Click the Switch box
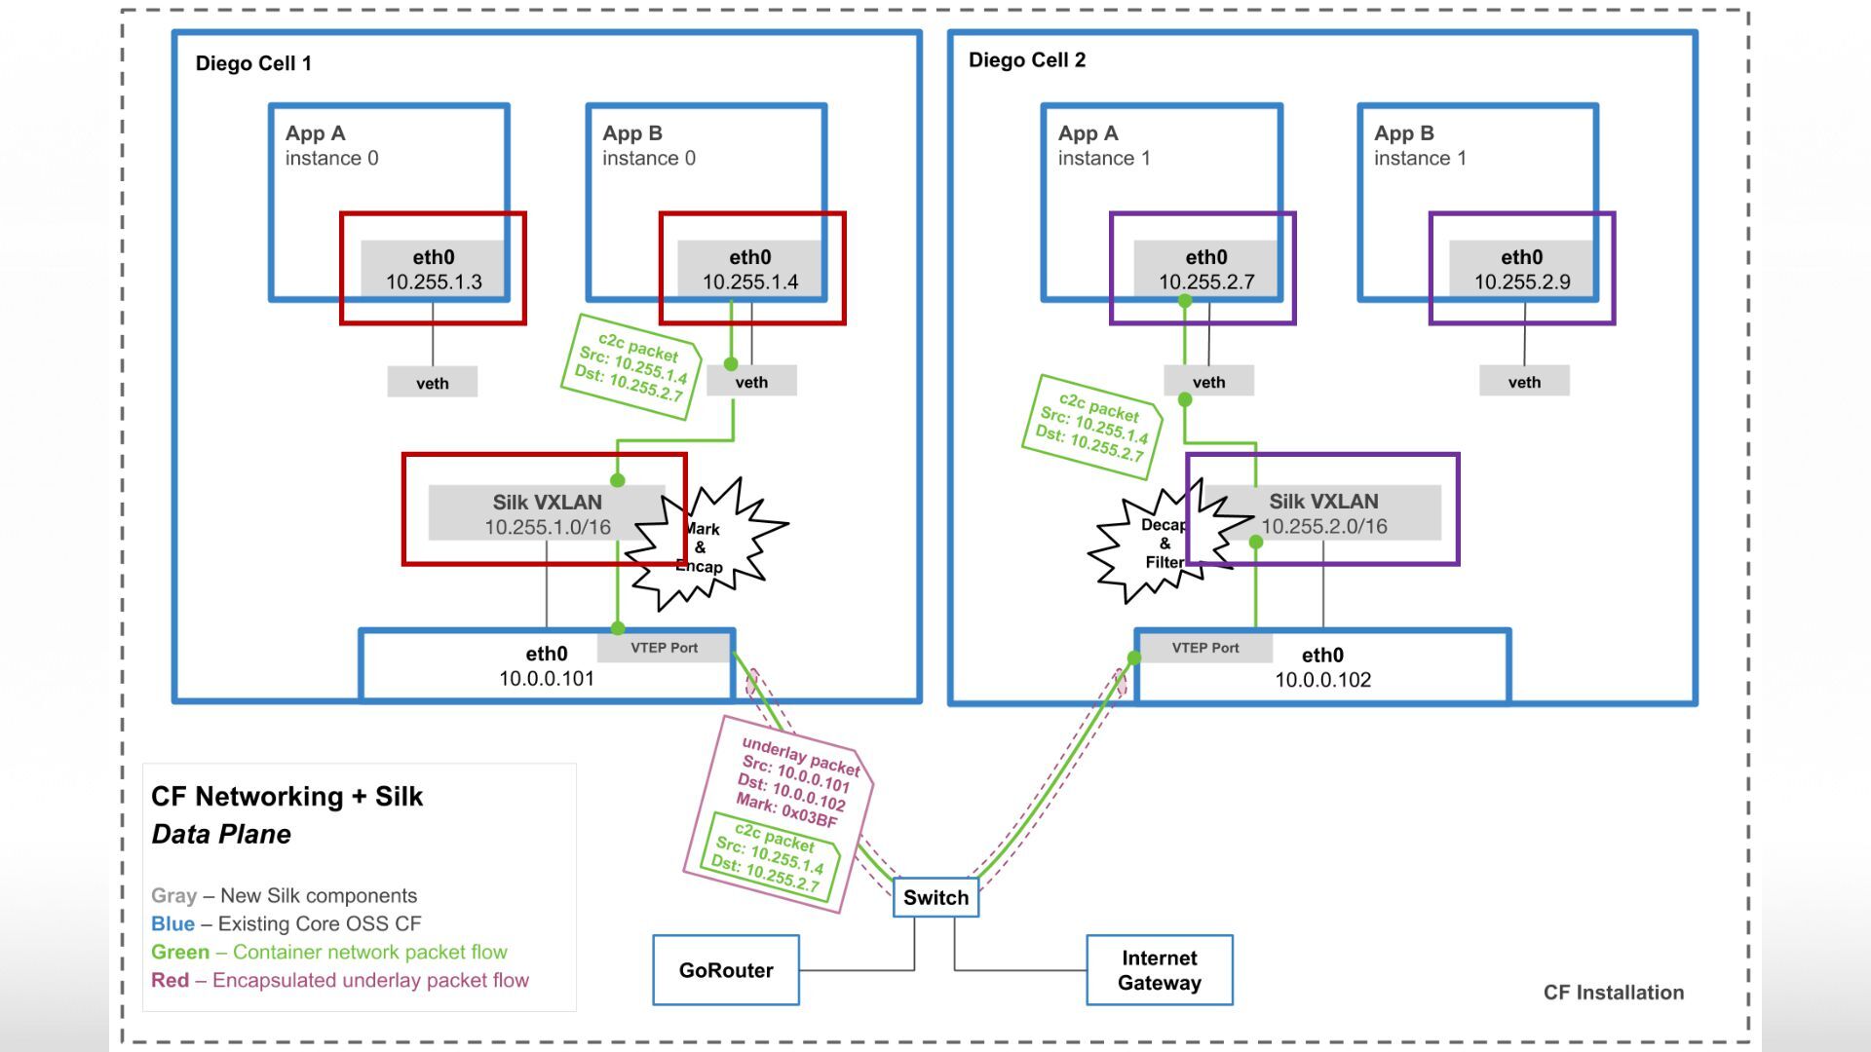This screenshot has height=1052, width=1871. (x=935, y=897)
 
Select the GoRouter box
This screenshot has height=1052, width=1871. (x=726, y=970)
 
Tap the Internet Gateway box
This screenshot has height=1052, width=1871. (x=1160, y=970)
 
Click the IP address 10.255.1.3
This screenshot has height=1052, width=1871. (x=434, y=282)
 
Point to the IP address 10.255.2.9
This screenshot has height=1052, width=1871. (x=1522, y=282)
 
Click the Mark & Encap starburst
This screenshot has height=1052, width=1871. (x=706, y=545)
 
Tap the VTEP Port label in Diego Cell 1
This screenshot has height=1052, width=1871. (x=664, y=648)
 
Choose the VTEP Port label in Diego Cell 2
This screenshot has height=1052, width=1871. (x=1205, y=648)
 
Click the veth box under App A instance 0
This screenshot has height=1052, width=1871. (x=433, y=383)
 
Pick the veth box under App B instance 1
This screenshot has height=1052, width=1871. (x=1524, y=382)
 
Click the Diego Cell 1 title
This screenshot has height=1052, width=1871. (x=253, y=63)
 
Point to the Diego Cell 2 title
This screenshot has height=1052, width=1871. (x=1027, y=60)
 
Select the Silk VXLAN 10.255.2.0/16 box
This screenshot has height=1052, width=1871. (x=1323, y=513)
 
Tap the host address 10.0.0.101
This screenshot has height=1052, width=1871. (x=547, y=679)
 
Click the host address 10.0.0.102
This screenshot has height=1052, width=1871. (x=1322, y=680)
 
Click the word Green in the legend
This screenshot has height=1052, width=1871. (x=180, y=952)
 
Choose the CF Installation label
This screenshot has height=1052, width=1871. (x=1614, y=993)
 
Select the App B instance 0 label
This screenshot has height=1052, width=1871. (x=649, y=145)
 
